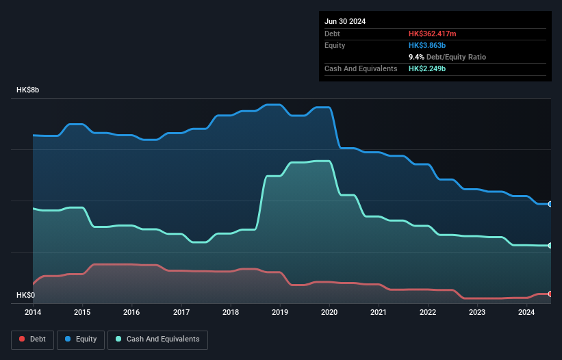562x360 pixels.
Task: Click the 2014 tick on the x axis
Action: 33,313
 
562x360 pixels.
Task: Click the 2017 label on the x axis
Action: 181,313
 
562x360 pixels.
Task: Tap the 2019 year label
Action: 280,313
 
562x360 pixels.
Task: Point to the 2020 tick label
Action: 329,313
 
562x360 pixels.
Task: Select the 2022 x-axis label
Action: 428,313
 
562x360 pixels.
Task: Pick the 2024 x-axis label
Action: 526,313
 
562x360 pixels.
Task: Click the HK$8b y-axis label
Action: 28,90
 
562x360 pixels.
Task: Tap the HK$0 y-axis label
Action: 25,295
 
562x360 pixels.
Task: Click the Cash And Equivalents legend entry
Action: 157,339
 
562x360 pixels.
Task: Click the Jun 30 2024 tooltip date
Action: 345,21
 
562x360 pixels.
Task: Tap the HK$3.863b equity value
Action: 428,45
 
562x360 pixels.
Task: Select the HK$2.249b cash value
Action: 428,68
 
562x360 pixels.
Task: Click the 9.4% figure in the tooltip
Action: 418,57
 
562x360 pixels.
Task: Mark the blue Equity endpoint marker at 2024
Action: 550,204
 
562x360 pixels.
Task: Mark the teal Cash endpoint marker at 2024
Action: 550,245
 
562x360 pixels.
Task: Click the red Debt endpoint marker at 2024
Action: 550,294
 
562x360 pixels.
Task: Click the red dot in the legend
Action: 22,339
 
